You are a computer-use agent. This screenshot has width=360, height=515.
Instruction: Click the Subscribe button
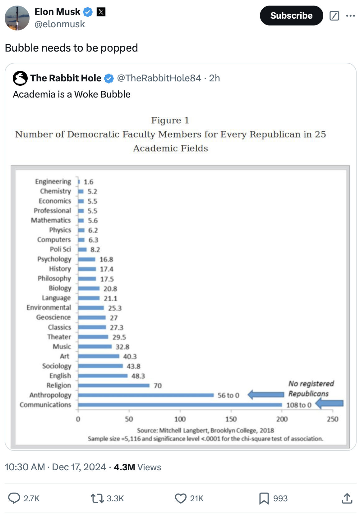pyautogui.click(x=291, y=16)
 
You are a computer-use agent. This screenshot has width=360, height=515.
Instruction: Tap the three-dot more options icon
pyautogui.click(x=350, y=16)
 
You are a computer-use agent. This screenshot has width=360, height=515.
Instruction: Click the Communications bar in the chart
pyautogui.click(x=180, y=405)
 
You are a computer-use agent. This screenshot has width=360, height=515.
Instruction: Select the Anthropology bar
pyautogui.click(x=146, y=395)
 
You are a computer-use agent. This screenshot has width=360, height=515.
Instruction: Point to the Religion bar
pyautogui.click(x=114, y=385)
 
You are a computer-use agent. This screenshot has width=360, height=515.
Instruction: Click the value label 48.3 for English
pyautogui.click(x=138, y=376)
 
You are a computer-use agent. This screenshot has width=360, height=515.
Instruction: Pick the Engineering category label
pyautogui.click(x=53, y=181)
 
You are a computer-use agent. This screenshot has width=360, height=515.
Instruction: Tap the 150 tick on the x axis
pyautogui.click(x=231, y=419)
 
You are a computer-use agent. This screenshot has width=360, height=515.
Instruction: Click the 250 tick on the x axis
pyautogui.click(x=332, y=419)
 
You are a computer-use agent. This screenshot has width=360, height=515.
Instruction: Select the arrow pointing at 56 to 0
pyautogui.click(x=266, y=394)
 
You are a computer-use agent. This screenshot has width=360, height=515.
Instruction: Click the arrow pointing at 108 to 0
pyautogui.click(x=330, y=403)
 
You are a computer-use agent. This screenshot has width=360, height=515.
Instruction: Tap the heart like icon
pyautogui.click(x=181, y=498)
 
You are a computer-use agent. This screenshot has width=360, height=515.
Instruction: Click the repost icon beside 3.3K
pyautogui.click(x=97, y=498)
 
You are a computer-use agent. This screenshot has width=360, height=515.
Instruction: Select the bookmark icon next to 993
pyautogui.click(x=264, y=498)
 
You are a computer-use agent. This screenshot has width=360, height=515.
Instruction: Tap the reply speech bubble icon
pyautogui.click(x=14, y=498)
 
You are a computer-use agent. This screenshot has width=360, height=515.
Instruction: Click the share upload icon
pyautogui.click(x=347, y=498)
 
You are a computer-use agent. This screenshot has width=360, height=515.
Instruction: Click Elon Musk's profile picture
pyautogui.click(x=17, y=18)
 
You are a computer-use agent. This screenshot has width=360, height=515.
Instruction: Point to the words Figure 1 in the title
pyautogui.click(x=170, y=120)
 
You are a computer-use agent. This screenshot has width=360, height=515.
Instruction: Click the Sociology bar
pyautogui.click(x=100, y=366)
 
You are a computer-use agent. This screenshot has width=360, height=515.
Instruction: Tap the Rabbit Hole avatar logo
pyautogui.click(x=20, y=78)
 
